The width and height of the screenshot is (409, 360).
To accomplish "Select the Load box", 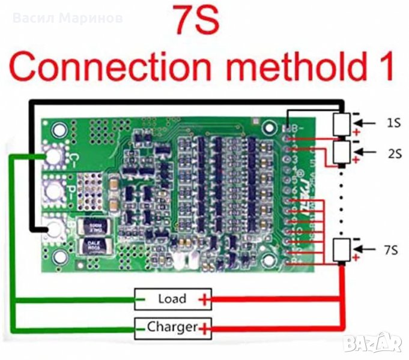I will (172, 299).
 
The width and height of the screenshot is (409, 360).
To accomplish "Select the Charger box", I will (173, 327).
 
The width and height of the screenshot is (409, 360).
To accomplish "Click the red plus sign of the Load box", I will (205, 299).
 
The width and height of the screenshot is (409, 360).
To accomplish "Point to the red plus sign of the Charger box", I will (205, 328).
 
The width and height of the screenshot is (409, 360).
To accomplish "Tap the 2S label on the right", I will (394, 153).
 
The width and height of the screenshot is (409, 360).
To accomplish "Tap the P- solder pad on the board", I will (54, 192).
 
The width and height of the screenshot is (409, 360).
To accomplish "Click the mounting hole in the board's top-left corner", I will (59, 129).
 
